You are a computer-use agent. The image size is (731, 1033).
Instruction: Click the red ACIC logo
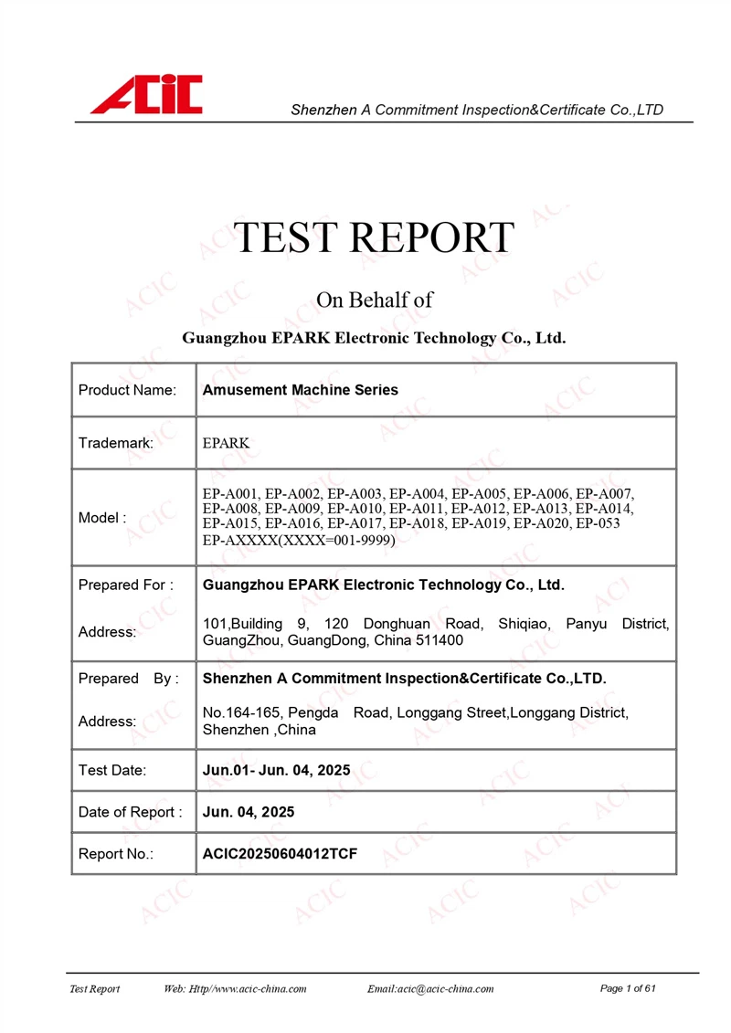[x=146, y=95]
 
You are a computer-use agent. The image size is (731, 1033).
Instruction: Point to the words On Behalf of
[x=374, y=300]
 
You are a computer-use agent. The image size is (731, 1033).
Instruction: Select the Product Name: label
[x=127, y=390]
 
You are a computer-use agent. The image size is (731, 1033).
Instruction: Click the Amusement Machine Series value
[x=300, y=390]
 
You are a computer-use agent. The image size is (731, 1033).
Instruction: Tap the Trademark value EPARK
[x=226, y=443]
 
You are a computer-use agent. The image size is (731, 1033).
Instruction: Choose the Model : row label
[x=102, y=518]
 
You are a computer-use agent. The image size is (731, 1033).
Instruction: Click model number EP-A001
[x=231, y=494]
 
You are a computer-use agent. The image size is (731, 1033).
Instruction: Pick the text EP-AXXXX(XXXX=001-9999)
[x=299, y=541]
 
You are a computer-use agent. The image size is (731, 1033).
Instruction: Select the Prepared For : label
[x=125, y=585]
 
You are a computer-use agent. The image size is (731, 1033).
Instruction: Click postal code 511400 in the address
[x=440, y=641]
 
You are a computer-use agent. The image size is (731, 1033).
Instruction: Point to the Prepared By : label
[x=128, y=679]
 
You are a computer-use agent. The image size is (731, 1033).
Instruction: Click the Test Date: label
[x=112, y=770]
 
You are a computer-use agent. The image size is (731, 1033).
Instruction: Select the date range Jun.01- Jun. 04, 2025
[x=276, y=770]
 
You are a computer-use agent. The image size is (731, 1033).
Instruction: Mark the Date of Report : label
[x=130, y=812]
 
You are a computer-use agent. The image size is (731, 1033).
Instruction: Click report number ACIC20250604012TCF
[x=279, y=854]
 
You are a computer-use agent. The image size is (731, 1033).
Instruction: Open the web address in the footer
[x=235, y=989]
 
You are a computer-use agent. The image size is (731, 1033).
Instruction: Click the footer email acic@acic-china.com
[x=429, y=989]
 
